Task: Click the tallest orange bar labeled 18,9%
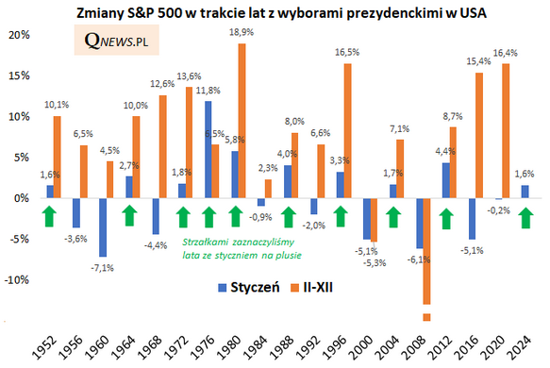coord(242,121)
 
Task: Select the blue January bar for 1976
coord(208,149)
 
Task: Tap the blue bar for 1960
coord(103,227)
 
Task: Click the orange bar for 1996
coord(347,131)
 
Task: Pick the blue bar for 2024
coord(525,192)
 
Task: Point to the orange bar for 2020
coord(506,131)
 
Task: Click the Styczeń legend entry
coord(249,288)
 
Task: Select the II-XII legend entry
coord(312,288)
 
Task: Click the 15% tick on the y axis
coord(19,75)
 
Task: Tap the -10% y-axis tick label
coord(16,280)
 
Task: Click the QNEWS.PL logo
coord(116,40)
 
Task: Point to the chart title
coord(281,13)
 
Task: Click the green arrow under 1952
coord(49,216)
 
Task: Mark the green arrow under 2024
coord(525,218)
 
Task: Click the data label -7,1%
coord(103,268)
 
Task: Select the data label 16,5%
coord(347,52)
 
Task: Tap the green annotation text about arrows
coord(242,249)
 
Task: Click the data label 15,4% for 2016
coord(478,61)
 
